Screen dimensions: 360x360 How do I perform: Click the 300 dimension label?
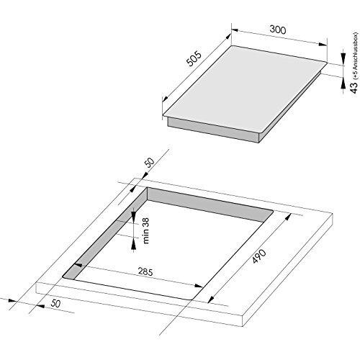[278, 30]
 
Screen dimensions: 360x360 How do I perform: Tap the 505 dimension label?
[194, 59]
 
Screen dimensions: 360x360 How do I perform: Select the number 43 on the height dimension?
[354, 87]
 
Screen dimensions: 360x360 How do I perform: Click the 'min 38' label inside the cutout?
[145, 230]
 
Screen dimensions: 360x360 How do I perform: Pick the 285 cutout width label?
[145, 272]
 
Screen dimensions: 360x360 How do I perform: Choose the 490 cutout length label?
[259, 256]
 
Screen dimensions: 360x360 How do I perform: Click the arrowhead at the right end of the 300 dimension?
[323, 45]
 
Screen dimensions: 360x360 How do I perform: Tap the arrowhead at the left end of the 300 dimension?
[235, 30]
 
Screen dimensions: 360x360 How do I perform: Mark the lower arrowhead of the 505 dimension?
[165, 99]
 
